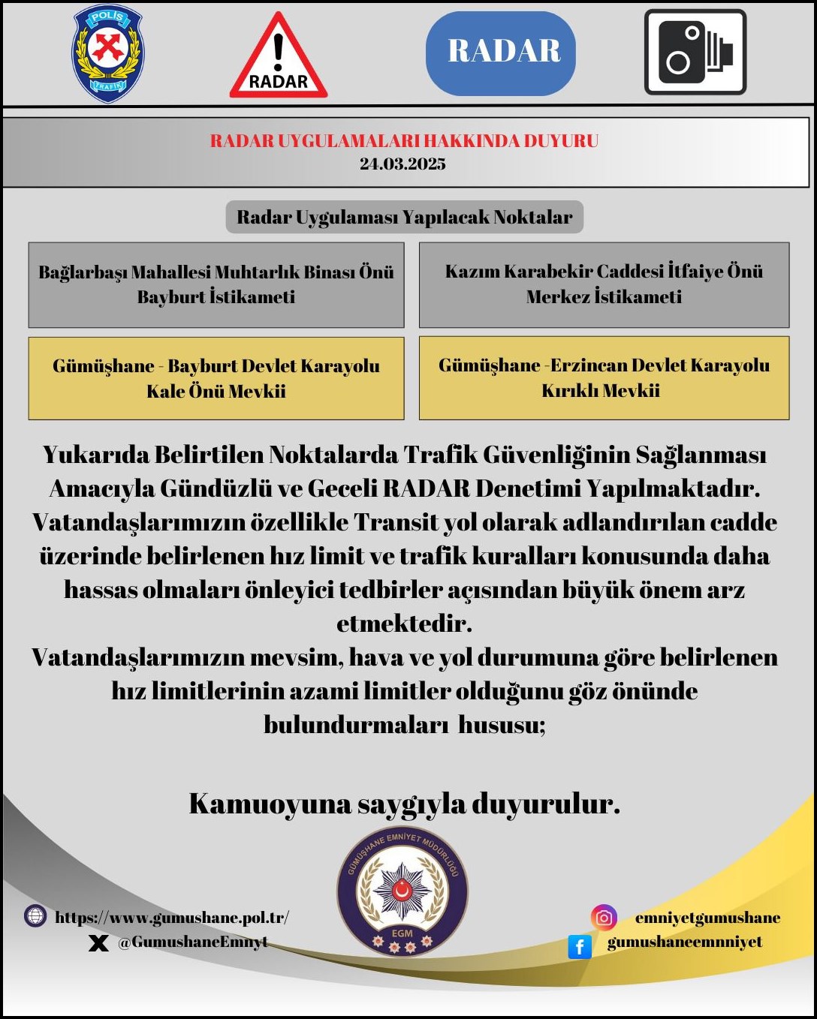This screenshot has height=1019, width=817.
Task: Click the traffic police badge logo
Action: pos(108,53)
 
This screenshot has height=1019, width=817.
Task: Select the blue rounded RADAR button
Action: pos(501,53)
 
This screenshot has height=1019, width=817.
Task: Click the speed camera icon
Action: pos(695,53)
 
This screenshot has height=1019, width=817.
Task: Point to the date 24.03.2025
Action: pos(402,164)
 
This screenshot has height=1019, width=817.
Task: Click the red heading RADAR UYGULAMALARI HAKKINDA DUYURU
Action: pos(404,141)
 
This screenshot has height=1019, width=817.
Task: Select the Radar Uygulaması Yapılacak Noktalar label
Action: pos(404,218)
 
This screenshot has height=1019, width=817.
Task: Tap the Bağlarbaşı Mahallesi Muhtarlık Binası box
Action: pos(216,284)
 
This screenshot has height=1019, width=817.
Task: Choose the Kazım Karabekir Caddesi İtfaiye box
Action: pos(604,284)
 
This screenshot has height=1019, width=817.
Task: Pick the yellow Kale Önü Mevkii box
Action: pos(216,378)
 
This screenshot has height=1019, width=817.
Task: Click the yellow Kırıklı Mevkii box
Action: pos(604,377)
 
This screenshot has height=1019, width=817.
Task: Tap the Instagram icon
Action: pos(604,917)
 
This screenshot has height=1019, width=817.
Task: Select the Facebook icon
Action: pos(580,946)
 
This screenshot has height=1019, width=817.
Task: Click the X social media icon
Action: pos(98,943)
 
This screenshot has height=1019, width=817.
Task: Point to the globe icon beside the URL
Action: pos(35,916)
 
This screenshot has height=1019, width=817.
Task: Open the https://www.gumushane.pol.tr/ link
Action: pos(172,917)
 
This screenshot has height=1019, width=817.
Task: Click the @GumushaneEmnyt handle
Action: pos(192,942)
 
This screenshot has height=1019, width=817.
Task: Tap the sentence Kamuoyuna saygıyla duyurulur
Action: pos(404,804)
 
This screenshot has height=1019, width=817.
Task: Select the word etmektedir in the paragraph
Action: pos(404,624)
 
